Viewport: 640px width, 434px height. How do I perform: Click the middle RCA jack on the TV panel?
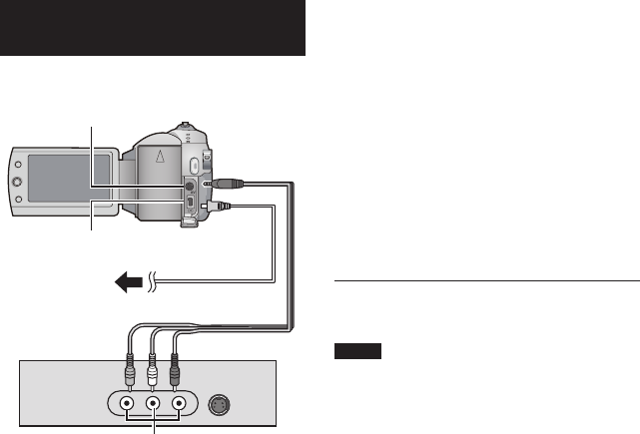(153, 406)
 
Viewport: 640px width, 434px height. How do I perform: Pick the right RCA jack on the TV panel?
(180, 406)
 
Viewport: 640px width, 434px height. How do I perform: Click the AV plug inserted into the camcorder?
(224, 184)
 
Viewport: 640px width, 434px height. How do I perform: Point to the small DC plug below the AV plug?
(218, 207)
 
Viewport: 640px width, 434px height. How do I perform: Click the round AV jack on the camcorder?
(188, 187)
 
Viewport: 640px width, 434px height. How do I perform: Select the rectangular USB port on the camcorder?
(188, 207)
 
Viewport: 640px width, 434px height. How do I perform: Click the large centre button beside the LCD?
(16, 183)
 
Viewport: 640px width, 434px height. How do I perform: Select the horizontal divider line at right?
(485, 281)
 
